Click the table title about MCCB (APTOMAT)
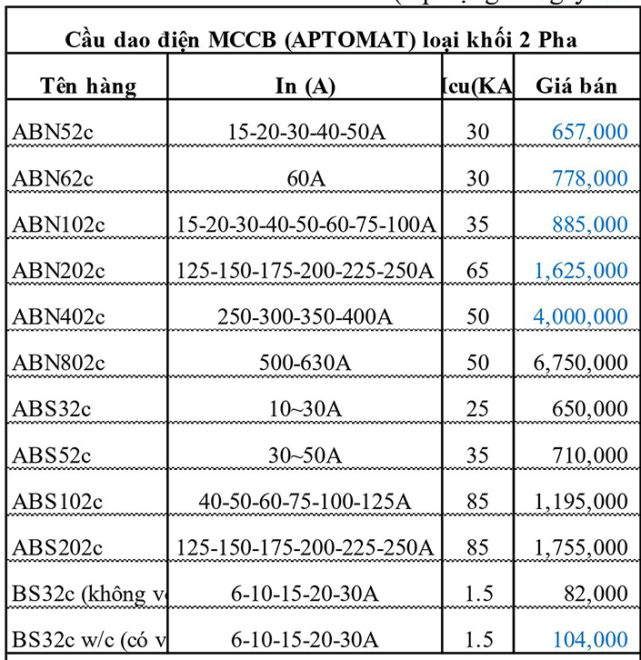[321, 41]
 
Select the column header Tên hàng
[88, 86]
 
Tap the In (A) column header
[305, 86]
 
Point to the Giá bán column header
[576, 86]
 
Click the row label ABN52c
[53, 132]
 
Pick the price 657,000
[589, 132]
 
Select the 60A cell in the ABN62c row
[305, 178]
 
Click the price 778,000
[589, 178]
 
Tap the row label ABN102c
[58, 225]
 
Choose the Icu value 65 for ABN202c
[477, 270]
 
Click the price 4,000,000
[581, 316]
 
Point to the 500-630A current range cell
[305, 363]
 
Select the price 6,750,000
[581, 363]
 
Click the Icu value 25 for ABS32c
[477, 409]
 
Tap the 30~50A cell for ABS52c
[305, 455]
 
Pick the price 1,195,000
[581, 501]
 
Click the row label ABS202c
[58, 547]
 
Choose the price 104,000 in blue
[589, 639]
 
